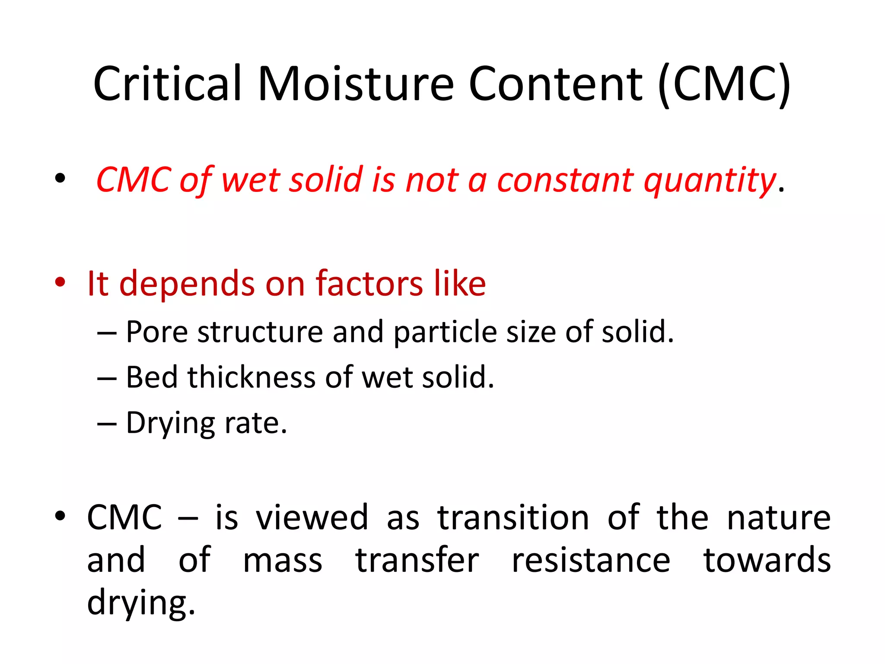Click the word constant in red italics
click(x=565, y=180)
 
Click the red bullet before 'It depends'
click(x=60, y=282)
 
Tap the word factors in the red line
click(x=369, y=284)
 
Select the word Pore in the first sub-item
click(x=157, y=332)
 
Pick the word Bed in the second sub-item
click(x=152, y=377)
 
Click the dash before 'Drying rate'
click(x=107, y=424)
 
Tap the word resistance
click(x=591, y=561)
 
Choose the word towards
click(x=767, y=561)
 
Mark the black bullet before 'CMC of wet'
click(x=60, y=178)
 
